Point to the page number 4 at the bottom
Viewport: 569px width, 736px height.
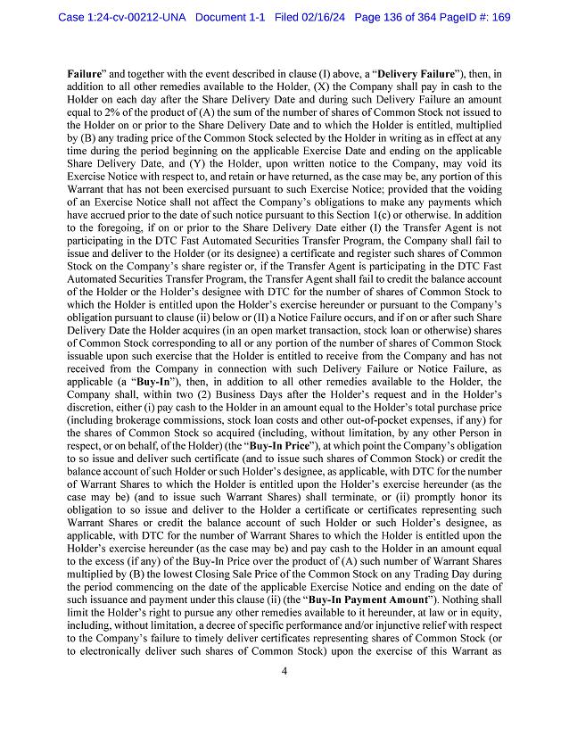(x=283, y=695)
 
